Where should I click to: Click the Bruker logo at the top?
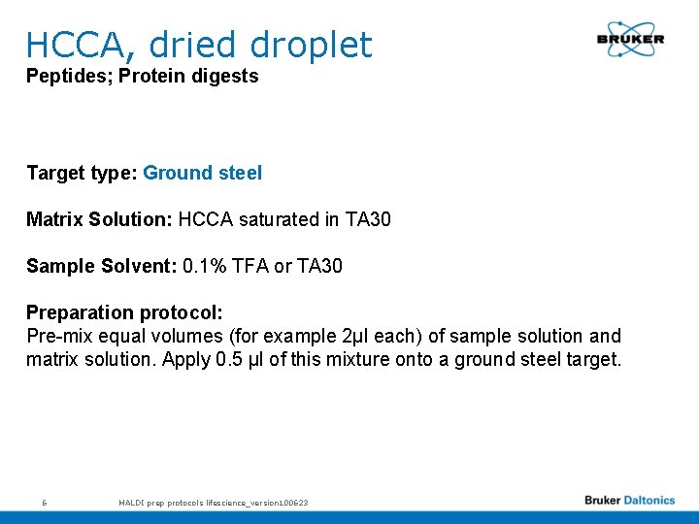[x=630, y=40]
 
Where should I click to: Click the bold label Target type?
[x=82, y=173]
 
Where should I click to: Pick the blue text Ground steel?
[x=202, y=173]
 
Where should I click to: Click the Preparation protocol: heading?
[x=124, y=312]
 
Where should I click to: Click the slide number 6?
[x=45, y=502]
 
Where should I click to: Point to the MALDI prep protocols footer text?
[x=213, y=502]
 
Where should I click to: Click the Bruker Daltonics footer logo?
[x=629, y=501]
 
